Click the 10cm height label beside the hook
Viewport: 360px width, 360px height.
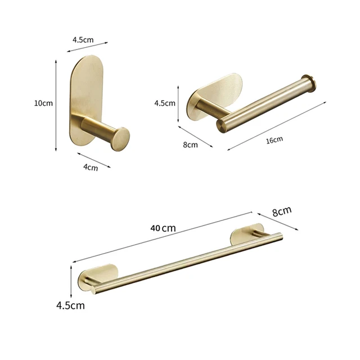pos(43,103)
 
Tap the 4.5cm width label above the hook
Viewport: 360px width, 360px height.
pos(83,40)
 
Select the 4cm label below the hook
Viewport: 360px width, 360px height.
pos(90,166)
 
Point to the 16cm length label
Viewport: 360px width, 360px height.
pos(274,139)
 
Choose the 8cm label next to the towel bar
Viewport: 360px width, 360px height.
pos(281,211)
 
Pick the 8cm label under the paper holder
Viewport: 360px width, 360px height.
pos(191,145)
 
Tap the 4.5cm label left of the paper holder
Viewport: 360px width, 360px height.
pos(165,103)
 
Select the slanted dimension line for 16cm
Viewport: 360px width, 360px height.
pos(277,125)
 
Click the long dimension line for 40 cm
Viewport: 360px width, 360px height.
pos(163,237)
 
